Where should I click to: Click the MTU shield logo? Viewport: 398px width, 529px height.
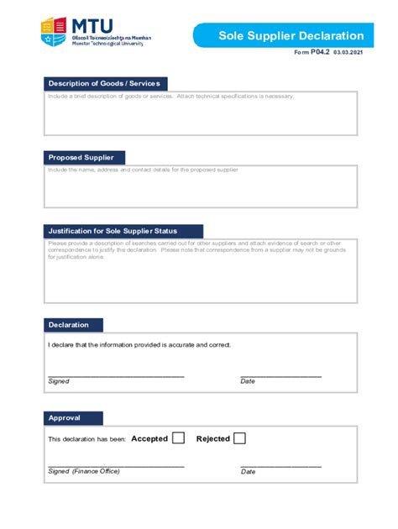click(54, 32)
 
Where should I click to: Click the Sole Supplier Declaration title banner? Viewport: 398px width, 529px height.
click(291, 35)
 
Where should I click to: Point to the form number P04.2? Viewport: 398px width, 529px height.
click(320, 52)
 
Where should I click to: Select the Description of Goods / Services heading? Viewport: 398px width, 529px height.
click(104, 83)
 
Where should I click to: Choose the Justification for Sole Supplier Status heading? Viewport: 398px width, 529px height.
click(123, 231)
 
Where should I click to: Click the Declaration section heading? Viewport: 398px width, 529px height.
click(74, 325)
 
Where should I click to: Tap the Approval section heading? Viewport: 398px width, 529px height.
click(73, 418)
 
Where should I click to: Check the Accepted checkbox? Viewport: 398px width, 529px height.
click(178, 437)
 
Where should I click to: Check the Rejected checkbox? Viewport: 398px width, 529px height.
click(239, 437)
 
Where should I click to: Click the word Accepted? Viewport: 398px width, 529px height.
click(149, 438)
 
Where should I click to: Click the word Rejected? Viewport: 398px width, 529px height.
click(212, 438)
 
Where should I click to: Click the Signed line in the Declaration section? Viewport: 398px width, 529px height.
click(116, 374)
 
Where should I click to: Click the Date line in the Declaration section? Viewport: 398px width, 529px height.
click(280, 374)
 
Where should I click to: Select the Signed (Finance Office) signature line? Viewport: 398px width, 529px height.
click(116, 464)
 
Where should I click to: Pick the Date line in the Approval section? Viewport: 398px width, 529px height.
click(280, 464)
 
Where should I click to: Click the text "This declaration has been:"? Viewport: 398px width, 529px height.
click(87, 439)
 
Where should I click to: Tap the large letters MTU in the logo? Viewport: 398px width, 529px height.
click(92, 26)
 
